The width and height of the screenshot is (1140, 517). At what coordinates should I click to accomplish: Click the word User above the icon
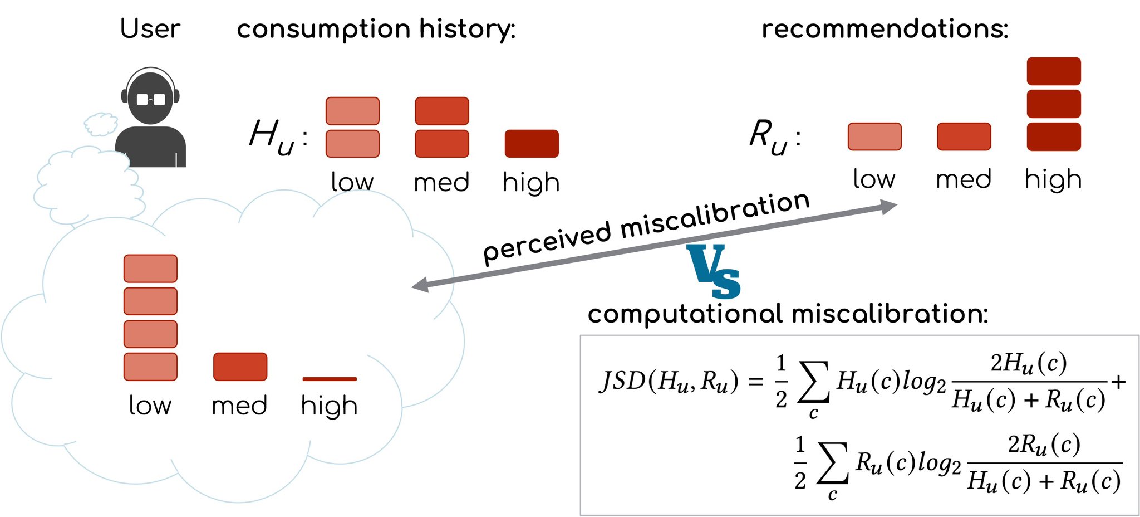pos(150,28)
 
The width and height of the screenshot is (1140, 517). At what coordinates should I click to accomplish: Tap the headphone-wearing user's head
pos(150,97)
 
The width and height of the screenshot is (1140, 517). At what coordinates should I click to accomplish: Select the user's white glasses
pos(151,100)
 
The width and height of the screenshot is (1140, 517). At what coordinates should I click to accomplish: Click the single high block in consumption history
pos(532,144)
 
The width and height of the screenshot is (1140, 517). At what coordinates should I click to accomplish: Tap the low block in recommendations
pos(874,136)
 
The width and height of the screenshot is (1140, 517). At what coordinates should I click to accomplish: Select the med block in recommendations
pos(964,136)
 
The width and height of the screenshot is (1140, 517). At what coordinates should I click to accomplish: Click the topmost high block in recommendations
pos(1054,71)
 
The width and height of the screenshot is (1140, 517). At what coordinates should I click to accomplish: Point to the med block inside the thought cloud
pos(240,367)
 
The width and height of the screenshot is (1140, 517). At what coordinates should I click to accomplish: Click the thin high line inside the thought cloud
pos(330,379)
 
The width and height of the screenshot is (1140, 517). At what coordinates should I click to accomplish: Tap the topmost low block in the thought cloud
pos(150,269)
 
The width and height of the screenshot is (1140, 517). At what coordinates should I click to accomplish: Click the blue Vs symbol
pos(714,271)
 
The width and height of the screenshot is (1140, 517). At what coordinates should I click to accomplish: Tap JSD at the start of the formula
pos(622,381)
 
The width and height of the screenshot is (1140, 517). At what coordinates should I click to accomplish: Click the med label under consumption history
pos(442,183)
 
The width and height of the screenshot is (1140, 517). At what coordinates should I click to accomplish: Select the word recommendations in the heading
pos(885,29)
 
